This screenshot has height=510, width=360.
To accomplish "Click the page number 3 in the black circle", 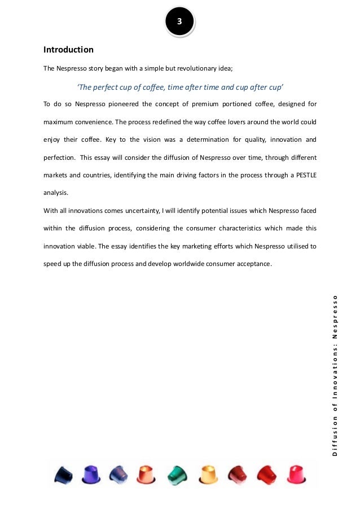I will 179,22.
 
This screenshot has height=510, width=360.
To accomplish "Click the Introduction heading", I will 68,50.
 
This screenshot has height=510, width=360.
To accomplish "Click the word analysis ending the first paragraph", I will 55,191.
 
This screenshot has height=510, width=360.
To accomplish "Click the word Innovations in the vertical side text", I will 335,381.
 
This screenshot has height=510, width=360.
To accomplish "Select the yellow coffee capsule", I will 208,473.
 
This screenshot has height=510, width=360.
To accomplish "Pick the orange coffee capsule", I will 147,473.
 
